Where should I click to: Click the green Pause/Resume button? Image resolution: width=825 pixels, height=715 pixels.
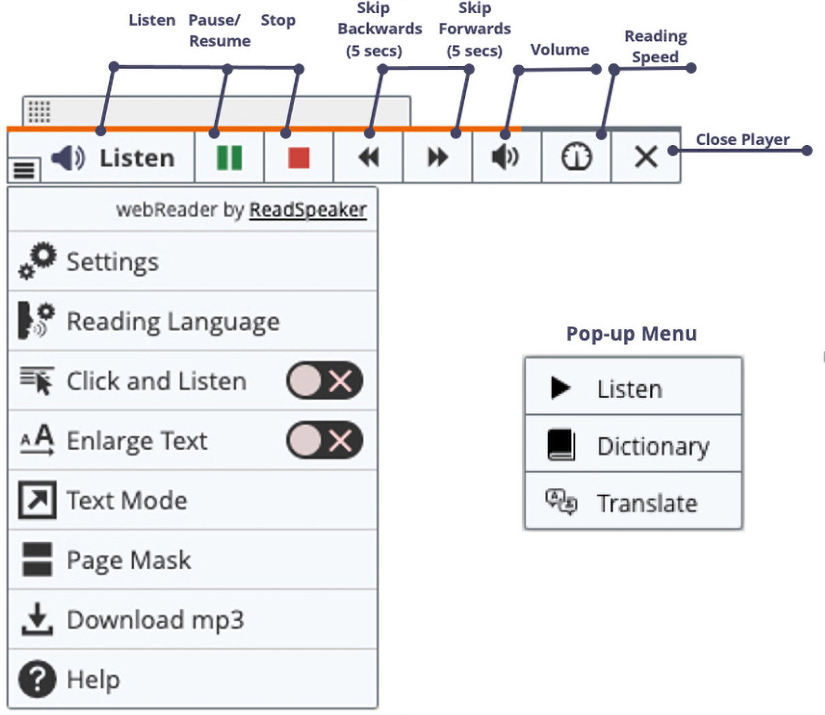click(x=229, y=157)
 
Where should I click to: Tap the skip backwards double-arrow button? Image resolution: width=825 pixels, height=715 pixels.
click(x=368, y=157)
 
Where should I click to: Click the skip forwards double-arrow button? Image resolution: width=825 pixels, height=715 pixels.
click(x=438, y=157)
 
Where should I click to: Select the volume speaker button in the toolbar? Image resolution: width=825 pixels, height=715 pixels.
click(x=506, y=157)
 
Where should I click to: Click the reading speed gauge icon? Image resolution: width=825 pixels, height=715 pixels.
click(x=576, y=157)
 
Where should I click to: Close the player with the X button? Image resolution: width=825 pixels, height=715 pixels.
click(x=645, y=157)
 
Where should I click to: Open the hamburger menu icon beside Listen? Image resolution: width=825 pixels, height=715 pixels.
click(x=24, y=169)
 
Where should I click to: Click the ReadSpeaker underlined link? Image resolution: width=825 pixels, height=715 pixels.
click(x=308, y=210)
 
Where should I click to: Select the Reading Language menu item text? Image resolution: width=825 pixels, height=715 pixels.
click(x=173, y=321)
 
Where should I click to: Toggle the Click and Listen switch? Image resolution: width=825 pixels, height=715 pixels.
click(x=325, y=381)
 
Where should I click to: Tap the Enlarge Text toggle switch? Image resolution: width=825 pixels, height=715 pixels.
click(x=325, y=441)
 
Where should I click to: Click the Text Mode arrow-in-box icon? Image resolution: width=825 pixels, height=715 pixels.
click(x=37, y=500)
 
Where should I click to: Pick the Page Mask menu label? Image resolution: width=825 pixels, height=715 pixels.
click(x=129, y=560)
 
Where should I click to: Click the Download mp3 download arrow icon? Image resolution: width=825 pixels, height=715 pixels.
click(x=37, y=620)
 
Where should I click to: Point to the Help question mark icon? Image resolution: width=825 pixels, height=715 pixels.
click(x=37, y=680)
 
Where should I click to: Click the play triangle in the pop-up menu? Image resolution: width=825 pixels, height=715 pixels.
click(x=560, y=387)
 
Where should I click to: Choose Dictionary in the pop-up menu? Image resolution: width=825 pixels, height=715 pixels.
click(x=653, y=447)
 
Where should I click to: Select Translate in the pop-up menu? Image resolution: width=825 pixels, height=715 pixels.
click(x=647, y=504)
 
